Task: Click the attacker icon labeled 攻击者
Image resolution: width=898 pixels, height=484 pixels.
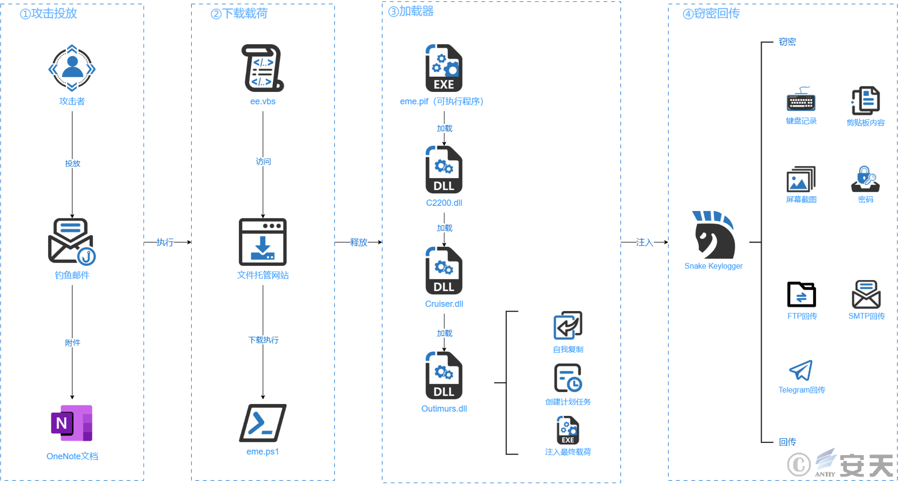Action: click(x=72, y=68)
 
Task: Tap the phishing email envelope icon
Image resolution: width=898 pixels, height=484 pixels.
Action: click(x=72, y=242)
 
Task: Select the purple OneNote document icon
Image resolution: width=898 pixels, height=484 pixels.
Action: click(x=72, y=423)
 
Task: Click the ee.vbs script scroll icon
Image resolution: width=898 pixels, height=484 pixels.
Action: click(x=263, y=68)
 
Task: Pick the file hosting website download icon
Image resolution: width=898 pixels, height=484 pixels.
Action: click(x=263, y=242)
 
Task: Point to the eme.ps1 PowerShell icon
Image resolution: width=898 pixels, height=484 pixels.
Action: click(x=263, y=423)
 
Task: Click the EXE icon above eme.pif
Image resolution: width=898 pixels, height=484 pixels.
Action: click(x=444, y=68)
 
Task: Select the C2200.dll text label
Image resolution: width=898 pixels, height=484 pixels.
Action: click(x=444, y=203)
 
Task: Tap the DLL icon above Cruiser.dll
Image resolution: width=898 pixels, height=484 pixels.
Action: click(x=444, y=271)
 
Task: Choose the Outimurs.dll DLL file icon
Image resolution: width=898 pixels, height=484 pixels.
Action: click(x=444, y=376)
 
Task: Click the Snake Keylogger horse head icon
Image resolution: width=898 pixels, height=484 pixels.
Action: click(x=714, y=234)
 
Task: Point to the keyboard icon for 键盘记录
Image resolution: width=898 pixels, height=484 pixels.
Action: click(x=801, y=99)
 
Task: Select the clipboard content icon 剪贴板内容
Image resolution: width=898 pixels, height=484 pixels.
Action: click(x=865, y=100)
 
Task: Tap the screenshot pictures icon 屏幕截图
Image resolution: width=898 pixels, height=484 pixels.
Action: click(x=801, y=179)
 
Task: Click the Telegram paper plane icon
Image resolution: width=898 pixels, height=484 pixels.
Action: click(x=801, y=370)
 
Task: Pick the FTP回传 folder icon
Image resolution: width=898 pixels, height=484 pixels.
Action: click(x=801, y=294)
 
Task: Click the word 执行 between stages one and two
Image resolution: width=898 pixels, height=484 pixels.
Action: click(x=165, y=242)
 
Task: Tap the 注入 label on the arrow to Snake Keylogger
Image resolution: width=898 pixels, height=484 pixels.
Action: click(x=645, y=242)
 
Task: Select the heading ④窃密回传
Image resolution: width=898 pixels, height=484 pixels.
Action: click(x=711, y=13)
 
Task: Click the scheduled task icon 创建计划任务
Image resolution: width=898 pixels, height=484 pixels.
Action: click(x=568, y=378)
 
